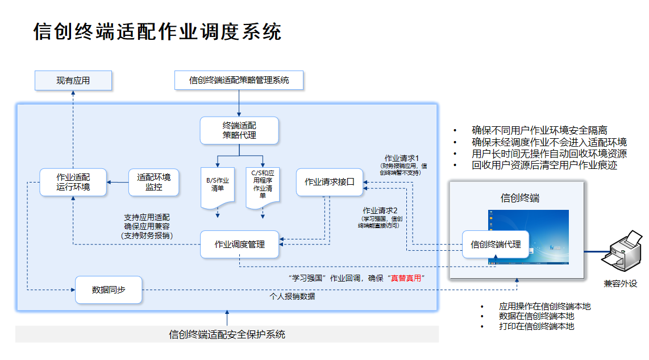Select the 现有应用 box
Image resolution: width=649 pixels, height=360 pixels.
click(x=73, y=81)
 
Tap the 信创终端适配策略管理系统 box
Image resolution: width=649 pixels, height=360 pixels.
click(x=239, y=80)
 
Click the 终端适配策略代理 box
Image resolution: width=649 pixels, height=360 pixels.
click(x=239, y=130)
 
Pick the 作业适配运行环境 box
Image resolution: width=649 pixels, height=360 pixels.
click(x=73, y=181)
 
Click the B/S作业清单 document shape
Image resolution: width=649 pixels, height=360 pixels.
click(x=217, y=187)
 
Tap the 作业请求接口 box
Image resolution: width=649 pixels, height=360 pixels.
click(x=330, y=182)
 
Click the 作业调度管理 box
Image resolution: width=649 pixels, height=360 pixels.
click(x=239, y=245)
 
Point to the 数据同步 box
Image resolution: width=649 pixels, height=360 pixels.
click(x=109, y=290)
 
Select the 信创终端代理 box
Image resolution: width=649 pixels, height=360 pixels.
click(x=496, y=245)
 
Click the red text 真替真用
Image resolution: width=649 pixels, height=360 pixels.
click(x=406, y=278)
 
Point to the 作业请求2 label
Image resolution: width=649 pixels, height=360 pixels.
click(x=380, y=210)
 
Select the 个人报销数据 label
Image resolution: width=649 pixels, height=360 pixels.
click(x=292, y=296)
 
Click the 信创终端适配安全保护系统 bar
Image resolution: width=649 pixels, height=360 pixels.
click(x=227, y=334)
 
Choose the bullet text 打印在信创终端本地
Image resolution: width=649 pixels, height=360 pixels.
click(x=536, y=326)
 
